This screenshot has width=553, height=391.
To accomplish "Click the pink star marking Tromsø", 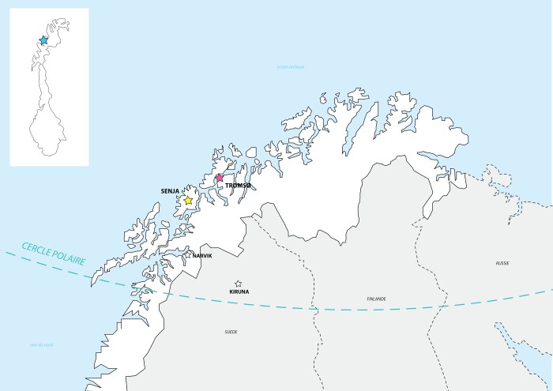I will [x=220, y=179].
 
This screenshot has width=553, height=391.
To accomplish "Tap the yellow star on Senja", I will [x=189, y=201].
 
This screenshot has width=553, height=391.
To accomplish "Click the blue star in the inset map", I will [x=43, y=39].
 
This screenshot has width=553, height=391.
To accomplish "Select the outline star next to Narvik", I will [x=187, y=255].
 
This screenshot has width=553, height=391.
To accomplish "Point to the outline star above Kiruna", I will [x=238, y=284].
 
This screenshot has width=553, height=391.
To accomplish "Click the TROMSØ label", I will [x=238, y=186].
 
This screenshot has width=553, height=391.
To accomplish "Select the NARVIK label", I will [x=202, y=256].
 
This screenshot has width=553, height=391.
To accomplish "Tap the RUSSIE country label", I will [x=502, y=262].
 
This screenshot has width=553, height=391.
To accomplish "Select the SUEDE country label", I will [x=231, y=332].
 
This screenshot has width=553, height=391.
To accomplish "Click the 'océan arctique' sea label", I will [x=290, y=68].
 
